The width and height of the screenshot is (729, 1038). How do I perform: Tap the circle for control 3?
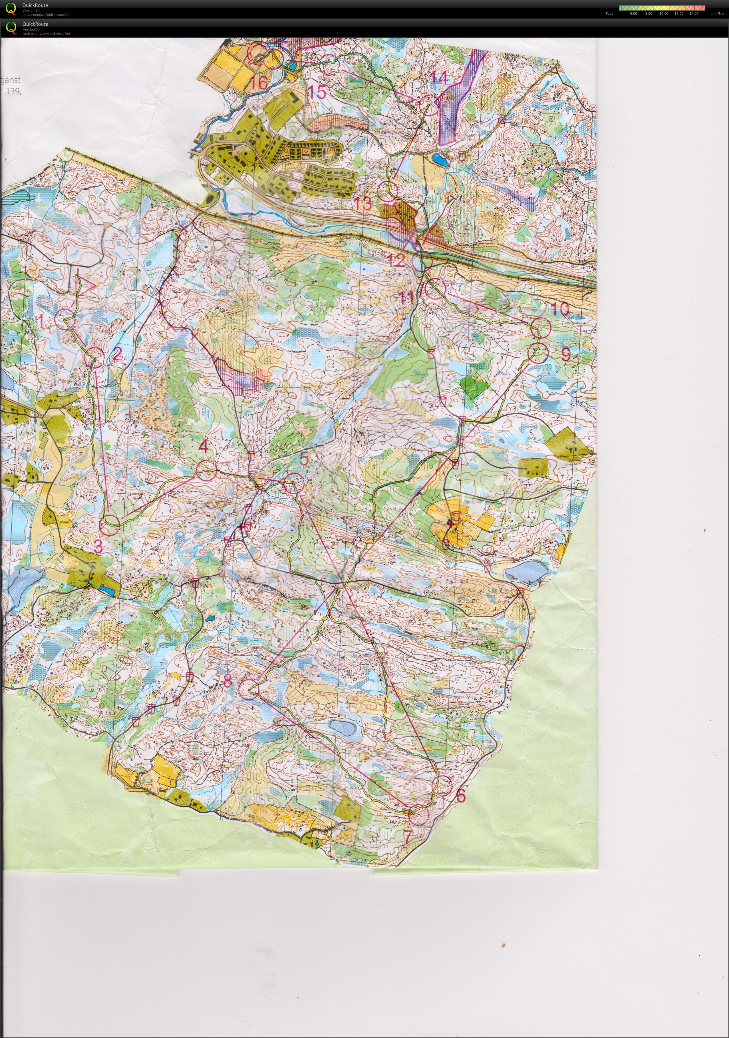[110, 521]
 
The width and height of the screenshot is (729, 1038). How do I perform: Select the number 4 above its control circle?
[204, 447]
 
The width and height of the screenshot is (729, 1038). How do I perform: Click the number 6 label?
[460, 795]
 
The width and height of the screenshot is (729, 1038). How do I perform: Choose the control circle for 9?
[538, 353]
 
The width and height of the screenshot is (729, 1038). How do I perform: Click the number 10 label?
[560, 309]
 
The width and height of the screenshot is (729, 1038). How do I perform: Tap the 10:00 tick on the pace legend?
[663, 13]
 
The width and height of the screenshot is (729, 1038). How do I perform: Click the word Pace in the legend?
[609, 13]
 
